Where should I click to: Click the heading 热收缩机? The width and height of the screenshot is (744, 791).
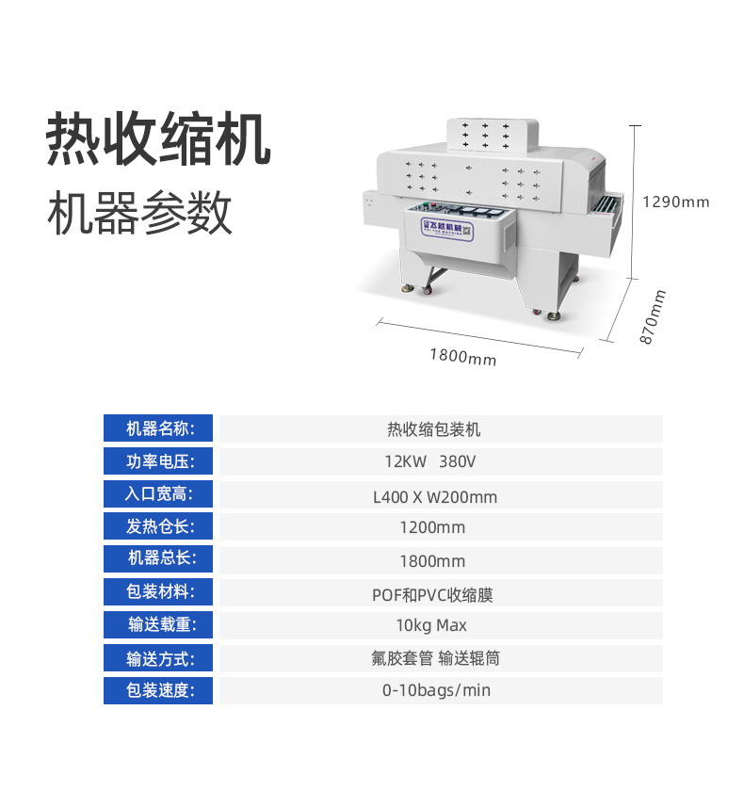(158, 139)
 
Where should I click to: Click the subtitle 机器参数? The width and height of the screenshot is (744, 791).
(139, 213)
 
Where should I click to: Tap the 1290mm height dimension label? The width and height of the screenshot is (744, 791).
(676, 202)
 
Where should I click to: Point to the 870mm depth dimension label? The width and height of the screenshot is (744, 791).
(653, 316)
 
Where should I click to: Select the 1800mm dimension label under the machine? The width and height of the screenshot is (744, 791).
(463, 356)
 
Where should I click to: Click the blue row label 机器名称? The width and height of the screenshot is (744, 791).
(158, 428)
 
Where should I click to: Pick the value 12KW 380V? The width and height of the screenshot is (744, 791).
(430, 461)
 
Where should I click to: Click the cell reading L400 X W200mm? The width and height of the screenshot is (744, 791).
(435, 497)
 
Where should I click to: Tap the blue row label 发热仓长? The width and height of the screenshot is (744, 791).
(158, 526)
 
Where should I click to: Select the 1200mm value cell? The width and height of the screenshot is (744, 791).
(432, 527)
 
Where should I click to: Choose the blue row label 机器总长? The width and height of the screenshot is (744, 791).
(158, 558)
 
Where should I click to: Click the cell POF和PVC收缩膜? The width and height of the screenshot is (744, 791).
(432, 595)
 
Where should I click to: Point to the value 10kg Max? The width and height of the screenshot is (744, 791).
(431, 625)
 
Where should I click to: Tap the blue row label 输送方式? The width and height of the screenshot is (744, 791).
(158, 658)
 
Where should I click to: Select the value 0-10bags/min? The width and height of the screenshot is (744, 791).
(436, 690)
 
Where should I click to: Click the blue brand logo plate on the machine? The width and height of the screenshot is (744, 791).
(447, 230)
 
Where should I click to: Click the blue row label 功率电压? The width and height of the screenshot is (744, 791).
(158, 461)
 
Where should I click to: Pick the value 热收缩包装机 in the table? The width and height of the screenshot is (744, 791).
(434, 429)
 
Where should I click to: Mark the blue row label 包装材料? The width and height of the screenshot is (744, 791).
(158, 591)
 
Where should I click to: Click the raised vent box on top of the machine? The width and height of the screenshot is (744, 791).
(493, 134)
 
